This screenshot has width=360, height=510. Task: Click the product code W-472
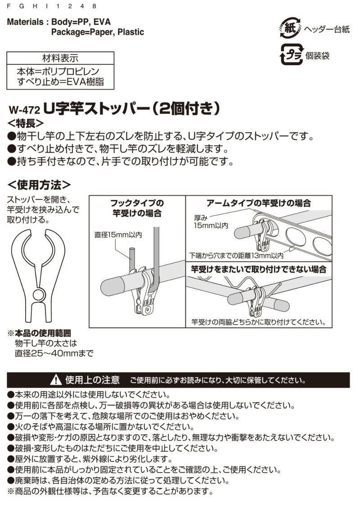pyautogui.click(x=25, y=109)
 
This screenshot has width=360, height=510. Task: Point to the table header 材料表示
pyautogui.click(x=60, y=59)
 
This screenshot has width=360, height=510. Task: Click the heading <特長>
pyautogui.click(x=26, y=123)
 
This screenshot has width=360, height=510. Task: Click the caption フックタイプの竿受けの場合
pyautogui.click(x=137, y=208)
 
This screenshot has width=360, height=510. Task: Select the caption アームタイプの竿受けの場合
pyautogui.click(x=258, y=203)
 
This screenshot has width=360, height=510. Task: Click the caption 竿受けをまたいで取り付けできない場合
pyautogui.click(x=259, y=269)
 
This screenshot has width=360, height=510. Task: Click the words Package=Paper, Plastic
pyautogui.click(x=97, y=32)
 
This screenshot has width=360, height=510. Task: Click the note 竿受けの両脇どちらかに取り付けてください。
pyautogui.click(x=259, y=322)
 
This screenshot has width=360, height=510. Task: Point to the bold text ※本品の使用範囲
pyautogui.click(x=40, y=334)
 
